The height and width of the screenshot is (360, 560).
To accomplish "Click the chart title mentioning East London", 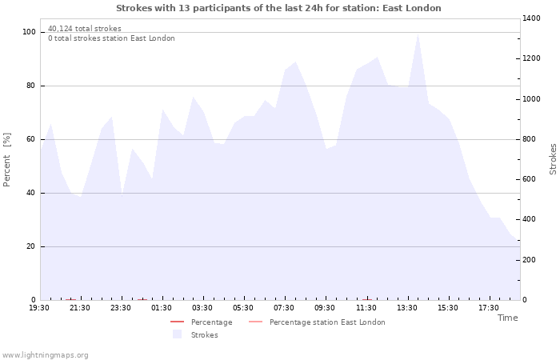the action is [278, 8].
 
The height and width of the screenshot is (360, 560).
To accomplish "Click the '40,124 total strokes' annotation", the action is [85, 29].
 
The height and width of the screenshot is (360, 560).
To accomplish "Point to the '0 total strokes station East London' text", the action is [111, 38].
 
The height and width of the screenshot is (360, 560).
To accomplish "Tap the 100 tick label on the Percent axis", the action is [29, 32].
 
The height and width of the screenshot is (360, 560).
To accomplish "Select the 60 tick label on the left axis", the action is [30, 139].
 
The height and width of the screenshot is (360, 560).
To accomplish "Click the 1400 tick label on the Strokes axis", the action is [531, 18].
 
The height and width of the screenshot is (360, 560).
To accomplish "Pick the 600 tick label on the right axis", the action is [529, 179].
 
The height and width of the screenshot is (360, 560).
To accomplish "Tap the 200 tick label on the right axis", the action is [529, 260].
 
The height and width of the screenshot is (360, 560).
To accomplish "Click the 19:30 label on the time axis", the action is [39, 308].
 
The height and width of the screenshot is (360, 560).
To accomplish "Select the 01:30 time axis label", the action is [162, 308].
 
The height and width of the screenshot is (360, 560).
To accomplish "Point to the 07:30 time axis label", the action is [284, 308].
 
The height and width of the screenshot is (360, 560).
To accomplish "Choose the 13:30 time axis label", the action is [406, 308].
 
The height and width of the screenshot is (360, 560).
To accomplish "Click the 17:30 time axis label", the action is [489, 308].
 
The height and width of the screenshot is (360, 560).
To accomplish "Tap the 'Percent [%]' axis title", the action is [6, 160].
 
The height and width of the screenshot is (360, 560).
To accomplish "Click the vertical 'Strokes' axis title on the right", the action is [553, 159].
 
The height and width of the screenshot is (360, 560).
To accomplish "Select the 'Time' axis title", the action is [508, 318].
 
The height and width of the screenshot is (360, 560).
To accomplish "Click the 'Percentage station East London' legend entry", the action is [317, 322].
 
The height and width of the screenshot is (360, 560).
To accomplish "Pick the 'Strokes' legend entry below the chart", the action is [195, 334].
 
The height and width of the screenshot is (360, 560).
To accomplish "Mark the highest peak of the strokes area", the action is [418, 34].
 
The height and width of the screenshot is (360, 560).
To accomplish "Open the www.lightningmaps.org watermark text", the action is [45, 355].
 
